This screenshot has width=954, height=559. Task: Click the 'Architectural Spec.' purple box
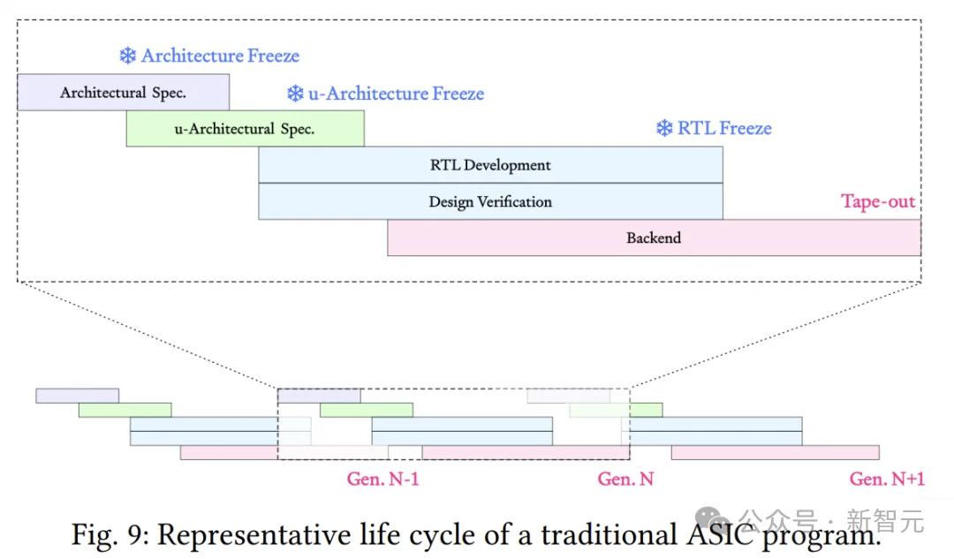pos(124,93)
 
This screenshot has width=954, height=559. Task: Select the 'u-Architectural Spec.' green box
pos(246,128)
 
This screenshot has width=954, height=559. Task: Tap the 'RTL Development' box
pos(490,165)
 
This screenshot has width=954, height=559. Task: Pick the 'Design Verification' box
pos(490,201)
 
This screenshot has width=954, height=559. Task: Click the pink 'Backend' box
pos(654,238)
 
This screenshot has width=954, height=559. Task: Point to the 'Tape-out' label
pos(878,201)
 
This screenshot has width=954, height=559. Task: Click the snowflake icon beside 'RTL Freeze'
pos(664,128)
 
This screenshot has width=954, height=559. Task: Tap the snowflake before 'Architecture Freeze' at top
pos(128,56)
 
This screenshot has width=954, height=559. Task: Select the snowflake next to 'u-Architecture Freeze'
pos(295,93)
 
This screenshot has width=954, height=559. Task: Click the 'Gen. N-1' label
pos(382,480)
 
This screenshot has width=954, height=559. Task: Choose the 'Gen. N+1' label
pos(887,480)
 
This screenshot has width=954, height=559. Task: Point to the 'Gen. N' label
pos(625,480)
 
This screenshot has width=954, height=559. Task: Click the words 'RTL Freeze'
pos(724,128)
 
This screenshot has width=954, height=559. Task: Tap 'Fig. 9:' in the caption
pos(110,535)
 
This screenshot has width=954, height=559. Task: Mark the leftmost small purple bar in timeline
pos(77,396)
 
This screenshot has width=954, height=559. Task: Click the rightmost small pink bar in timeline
pos(776,452)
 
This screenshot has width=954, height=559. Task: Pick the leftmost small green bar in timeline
pos(125,410)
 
